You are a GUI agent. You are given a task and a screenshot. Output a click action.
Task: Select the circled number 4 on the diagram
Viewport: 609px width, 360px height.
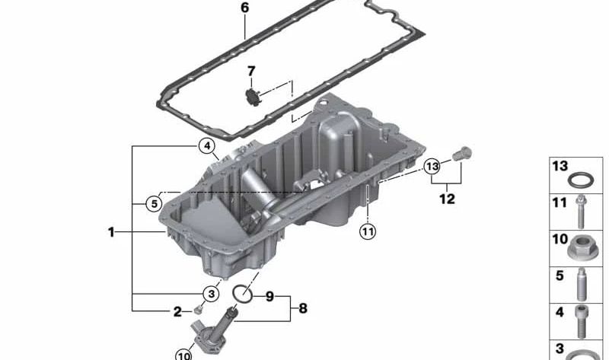click(207, 145)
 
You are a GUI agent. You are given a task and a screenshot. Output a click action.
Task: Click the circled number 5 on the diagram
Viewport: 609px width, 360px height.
click(153, 203)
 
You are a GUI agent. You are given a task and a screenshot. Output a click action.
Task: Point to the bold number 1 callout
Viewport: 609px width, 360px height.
click(111, 231)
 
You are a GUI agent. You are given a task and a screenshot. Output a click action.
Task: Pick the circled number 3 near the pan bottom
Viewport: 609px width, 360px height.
click(209, 294)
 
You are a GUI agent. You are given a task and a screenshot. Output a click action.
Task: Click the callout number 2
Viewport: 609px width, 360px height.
click(177, 311)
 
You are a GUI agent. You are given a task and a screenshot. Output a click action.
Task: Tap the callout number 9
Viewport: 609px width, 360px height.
click(269, 296)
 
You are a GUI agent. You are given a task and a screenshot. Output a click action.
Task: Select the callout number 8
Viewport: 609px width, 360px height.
click(303, 308)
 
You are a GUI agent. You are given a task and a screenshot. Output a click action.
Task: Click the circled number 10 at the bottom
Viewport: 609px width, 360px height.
click(183, 353)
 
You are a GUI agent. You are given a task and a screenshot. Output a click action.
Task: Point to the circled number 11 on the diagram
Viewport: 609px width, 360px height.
click(368, 232)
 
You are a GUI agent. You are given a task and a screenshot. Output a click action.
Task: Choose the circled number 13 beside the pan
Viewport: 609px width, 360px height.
click(432, 165)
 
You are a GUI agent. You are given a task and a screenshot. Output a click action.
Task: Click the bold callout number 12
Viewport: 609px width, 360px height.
click(447, 199)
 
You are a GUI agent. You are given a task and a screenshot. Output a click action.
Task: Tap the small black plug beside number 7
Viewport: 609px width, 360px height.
click(252, 97)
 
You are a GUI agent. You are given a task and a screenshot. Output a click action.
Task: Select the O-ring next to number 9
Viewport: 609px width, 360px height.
click(242, 293)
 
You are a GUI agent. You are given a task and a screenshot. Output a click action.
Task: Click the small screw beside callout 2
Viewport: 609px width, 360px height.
click(198, 309)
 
